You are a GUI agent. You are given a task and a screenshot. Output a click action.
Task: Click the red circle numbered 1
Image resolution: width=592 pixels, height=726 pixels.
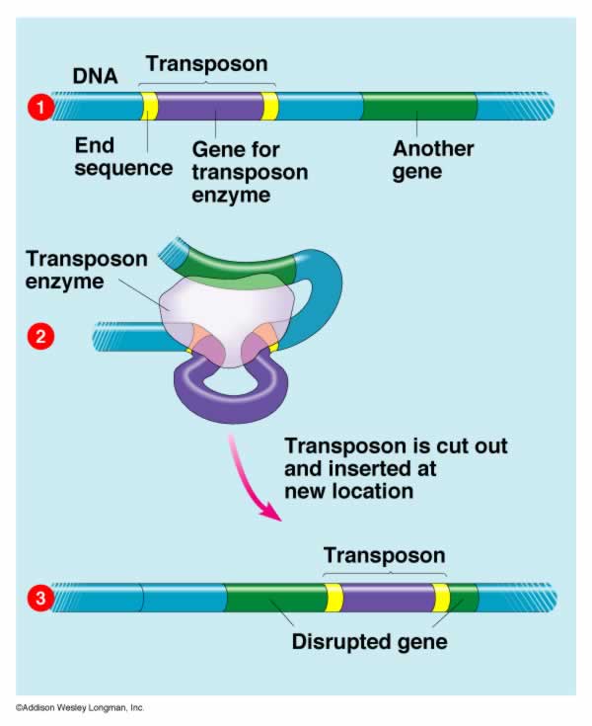point(40,108)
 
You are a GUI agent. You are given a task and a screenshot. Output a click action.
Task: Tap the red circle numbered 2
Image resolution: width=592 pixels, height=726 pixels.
point(40,336)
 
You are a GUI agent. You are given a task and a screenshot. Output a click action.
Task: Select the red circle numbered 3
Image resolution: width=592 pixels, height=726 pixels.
point(40,598)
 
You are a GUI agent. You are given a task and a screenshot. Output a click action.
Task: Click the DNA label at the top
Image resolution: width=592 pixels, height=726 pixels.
point(96,76)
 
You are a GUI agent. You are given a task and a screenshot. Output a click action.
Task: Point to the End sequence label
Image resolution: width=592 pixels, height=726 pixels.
point(123,157)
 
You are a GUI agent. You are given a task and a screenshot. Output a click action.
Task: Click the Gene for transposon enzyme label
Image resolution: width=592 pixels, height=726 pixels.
point(250,172)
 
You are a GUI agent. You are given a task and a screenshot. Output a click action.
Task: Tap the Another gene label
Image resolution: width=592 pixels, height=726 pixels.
point(433,160)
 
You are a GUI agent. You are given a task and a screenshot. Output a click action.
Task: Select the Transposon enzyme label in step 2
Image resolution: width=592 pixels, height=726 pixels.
point(87,270)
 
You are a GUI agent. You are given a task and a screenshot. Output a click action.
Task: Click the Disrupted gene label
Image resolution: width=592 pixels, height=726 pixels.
point(370,642)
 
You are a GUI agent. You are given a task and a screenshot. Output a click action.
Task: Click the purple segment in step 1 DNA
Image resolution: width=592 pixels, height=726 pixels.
point(209,107)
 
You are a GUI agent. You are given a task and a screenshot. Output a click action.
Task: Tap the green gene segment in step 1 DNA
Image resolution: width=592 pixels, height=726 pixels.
point(419,107)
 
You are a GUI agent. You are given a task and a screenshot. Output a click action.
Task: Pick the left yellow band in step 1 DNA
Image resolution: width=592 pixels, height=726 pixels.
point(149,107)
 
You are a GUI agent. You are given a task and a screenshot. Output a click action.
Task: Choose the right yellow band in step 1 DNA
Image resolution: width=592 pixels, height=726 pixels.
point(269,107)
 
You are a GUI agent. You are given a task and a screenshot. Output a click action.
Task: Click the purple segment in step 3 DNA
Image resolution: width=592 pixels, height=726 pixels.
point(388,598)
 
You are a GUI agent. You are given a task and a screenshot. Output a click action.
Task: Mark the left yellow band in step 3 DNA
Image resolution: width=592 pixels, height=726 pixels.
point(333,598)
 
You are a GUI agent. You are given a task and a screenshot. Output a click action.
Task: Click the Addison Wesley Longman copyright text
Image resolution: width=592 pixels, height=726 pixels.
point(80,707)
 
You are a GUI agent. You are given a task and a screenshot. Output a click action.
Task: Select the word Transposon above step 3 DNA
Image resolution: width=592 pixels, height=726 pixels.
point(385,555)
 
